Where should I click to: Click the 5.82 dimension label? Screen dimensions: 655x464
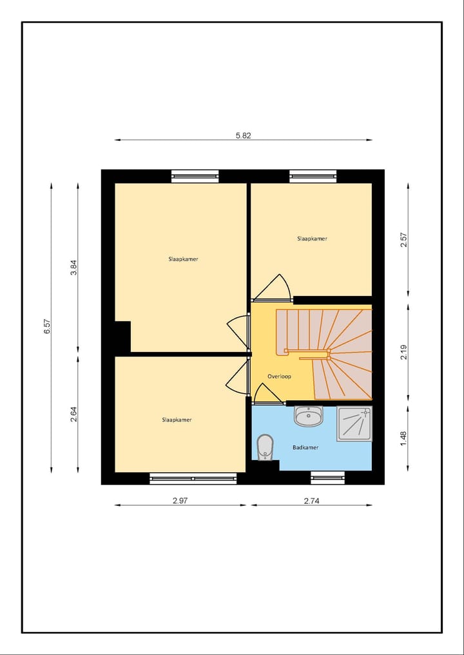coord(243,135)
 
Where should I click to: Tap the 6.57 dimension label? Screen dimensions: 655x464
coord(47,326)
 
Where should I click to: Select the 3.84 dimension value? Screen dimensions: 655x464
coord(73,267)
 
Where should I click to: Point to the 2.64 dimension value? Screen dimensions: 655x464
coord(73,414)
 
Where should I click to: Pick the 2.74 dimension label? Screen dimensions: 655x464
coord(311,500)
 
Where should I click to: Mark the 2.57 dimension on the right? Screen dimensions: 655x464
coord(403,240)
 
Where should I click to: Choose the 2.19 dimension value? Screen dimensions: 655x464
coord(403,352)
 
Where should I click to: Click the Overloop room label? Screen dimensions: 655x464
coord(279,376)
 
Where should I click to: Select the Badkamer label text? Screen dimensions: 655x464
coord(305,447)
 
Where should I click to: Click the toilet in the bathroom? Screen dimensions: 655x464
coord(264,448)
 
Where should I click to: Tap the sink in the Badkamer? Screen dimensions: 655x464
coord(308,416)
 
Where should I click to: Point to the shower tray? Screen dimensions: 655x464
coord(354,423)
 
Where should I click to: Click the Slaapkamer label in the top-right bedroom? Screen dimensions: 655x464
coord(312,239)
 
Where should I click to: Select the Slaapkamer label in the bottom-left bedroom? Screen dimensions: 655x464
coord(177,420)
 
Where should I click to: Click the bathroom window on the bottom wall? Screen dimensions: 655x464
coord(327,477)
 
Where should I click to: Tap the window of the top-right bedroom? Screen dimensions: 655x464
coord(313,176)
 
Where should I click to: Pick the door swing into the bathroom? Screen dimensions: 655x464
coord(267,394)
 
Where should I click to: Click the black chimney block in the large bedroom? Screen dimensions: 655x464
coord(122,337)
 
